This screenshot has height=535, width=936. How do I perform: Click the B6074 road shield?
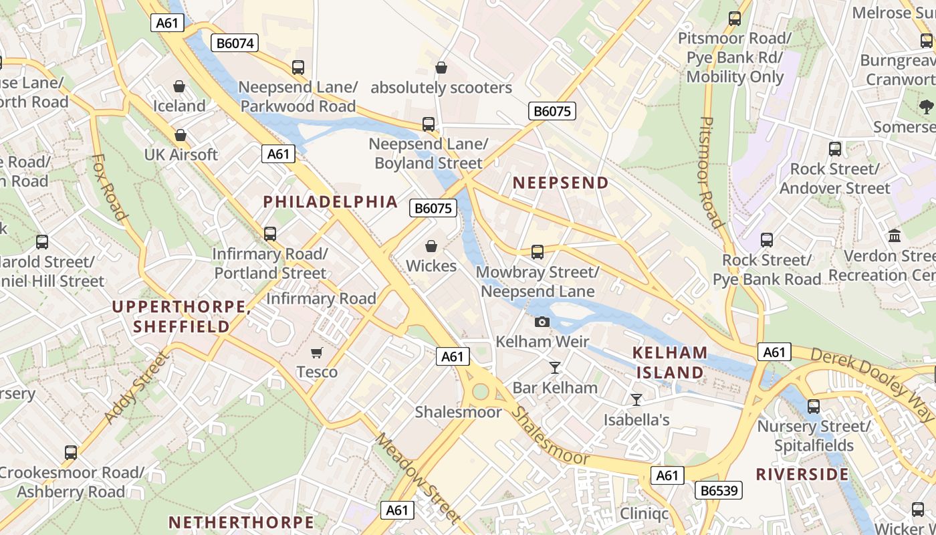click(235, 43)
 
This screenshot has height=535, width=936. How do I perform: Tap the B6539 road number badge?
click(719, 491)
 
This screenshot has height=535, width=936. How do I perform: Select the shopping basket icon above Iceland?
click(179, 86)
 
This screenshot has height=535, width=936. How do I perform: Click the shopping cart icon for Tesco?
click(317, 352)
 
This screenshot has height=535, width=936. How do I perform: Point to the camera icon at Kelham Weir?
click(542, 322)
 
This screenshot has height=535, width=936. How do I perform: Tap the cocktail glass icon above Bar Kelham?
click(554, 367)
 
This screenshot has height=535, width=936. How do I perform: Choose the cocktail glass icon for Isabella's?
click(636, 400)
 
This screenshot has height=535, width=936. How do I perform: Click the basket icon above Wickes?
click(431, 246)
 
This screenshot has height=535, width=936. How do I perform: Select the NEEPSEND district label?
click(560, 183)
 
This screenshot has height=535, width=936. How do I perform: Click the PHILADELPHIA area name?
click(330, 201)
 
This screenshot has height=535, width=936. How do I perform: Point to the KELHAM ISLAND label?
click(670, 362)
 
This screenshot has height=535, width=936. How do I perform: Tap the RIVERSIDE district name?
click(802, 474)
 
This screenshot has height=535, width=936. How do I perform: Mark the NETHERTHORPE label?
click(241, 522)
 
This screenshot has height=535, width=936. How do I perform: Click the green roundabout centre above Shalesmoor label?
click(480, 391)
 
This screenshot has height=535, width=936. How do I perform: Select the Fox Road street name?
click(109, 187)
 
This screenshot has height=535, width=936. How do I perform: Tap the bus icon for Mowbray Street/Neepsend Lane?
click(538, 252)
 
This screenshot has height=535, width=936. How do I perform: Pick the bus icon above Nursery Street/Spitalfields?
click(814, 406)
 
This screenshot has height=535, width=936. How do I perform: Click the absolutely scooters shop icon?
click(441, 68)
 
